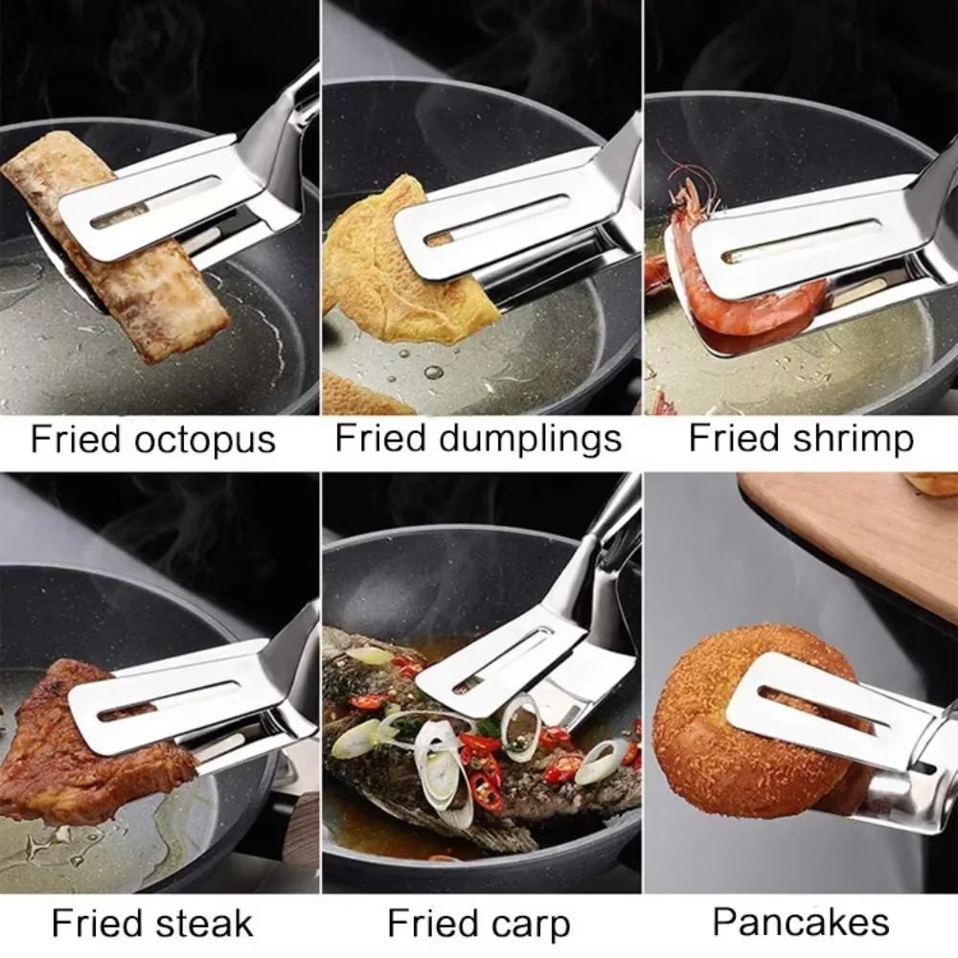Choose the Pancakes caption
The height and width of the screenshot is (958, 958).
point(801,923)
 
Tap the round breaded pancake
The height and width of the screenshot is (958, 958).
point(738,757)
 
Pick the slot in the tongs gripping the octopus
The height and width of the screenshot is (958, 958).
point(157,200)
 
